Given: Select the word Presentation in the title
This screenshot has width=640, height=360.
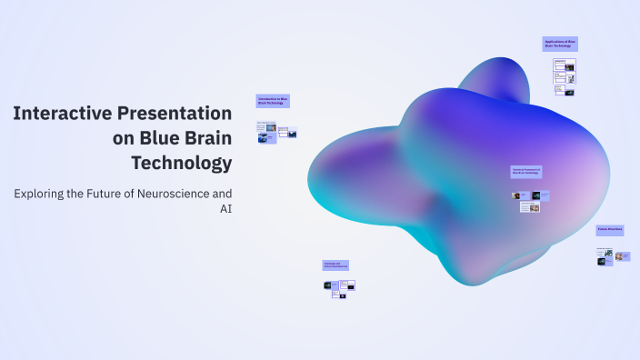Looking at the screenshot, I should coord(175,114).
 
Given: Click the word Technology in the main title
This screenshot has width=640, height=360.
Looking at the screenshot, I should coord(181,164).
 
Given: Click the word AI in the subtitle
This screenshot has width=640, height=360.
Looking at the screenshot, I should coord(225,209).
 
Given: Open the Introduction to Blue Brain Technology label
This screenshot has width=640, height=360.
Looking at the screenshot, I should coord(273,100).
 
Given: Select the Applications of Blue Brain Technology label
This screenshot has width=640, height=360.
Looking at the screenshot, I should coord(559,44).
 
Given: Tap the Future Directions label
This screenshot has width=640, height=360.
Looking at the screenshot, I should coord(610,231).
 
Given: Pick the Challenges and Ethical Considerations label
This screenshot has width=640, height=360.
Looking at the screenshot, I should coord(335,265).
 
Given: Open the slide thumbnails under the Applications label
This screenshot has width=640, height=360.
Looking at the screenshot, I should coord(564,76).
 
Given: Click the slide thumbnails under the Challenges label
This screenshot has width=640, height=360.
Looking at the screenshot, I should coord(339,287).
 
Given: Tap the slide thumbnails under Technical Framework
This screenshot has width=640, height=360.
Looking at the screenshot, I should coord(531,200).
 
